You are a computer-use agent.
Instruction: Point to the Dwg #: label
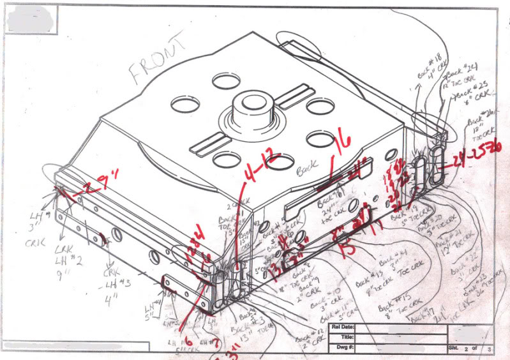(341, 349)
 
